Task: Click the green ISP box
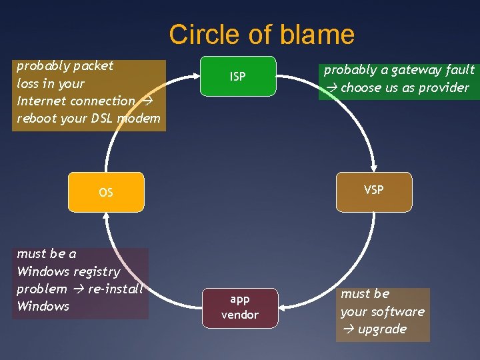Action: click(238, 77)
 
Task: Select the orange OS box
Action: click(106, 193)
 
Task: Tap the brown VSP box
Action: click(373, 191)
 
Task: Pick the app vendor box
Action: click(239, 307)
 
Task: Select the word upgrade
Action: click(382, 329)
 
